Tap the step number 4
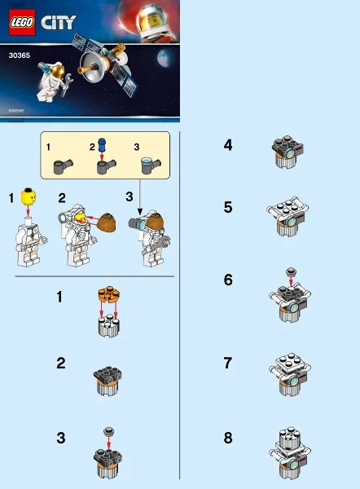(x=228, y=147)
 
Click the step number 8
(x=228, y=438)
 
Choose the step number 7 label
(x=228, y=360)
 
